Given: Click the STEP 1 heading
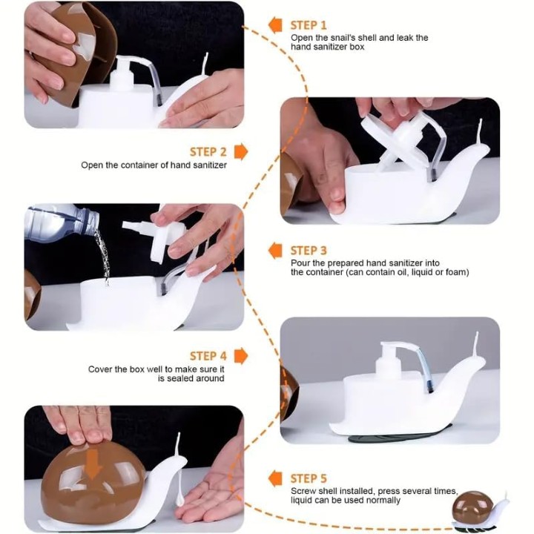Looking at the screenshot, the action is (309, 25).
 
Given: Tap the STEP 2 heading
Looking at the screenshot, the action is (208, 152).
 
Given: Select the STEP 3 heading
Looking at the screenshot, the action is (309, 251).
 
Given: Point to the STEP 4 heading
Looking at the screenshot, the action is (208, 356).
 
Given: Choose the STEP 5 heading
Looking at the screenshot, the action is (309, 478).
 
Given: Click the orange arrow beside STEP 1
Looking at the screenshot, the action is (275, 25).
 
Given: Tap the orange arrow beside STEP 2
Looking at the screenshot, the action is (241, 151).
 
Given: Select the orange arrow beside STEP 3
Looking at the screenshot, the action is (275, 251).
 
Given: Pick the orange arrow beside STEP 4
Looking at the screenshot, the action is (241, 356).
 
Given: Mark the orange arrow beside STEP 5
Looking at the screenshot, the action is (275, 478).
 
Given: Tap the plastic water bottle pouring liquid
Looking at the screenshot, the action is (62, 223).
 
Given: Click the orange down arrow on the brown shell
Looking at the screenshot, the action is (93, 465).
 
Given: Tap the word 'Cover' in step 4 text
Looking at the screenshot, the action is (99, 369).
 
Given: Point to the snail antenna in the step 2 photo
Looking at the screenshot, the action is (480, 132).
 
